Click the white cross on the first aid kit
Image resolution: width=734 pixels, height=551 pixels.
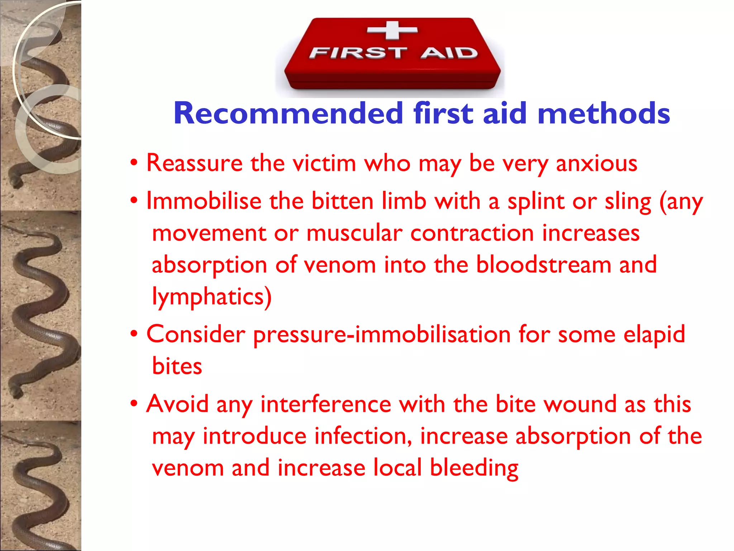(x=392, y=30)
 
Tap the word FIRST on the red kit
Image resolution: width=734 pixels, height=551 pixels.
(x=358, y=53)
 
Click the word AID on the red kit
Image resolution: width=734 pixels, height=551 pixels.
(x=449, y=53)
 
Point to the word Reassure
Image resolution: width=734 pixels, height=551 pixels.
(x=195, y=163)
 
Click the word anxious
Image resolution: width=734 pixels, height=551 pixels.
(x=596, y=163)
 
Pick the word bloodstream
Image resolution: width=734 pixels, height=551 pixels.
(x=543, y=265)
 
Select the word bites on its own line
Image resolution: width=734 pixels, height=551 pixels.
(x=177, y=366)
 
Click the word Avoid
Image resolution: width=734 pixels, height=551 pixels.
(x=177, y=404)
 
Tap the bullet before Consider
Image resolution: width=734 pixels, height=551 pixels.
(x=134, y=334)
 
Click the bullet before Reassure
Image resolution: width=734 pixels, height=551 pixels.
(x=134, y=163)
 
